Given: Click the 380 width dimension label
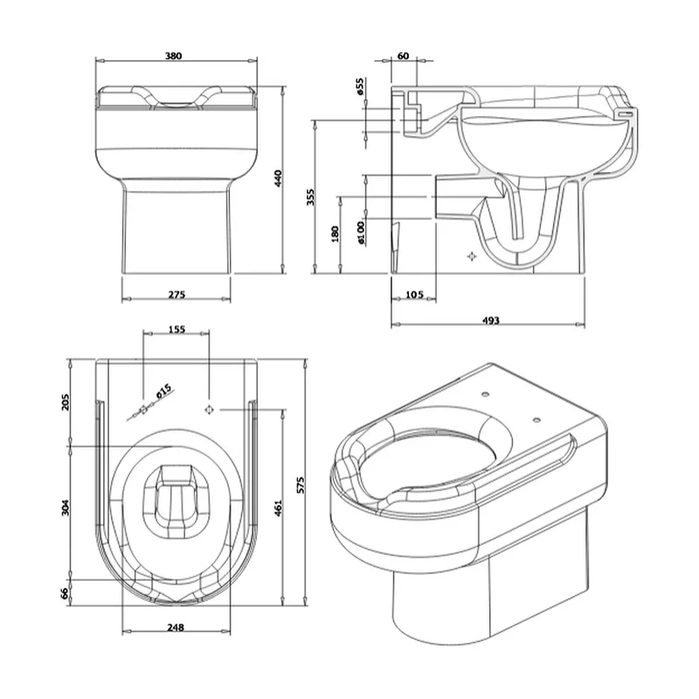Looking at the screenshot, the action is click(x=173, y=56).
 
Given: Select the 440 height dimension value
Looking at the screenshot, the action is click(x=278, y=178).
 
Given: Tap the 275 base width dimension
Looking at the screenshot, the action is click(x=176, y=294).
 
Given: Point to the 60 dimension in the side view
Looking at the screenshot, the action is click(x=403, y=56).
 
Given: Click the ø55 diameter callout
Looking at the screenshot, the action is click(x=360, y=87).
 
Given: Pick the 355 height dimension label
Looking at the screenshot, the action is click(x=310, y=197).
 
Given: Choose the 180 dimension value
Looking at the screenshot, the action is click(x=336, y=234).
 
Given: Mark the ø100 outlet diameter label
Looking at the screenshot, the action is click(x=361, y=232).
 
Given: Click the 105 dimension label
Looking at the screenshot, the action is click(x=414, y=294).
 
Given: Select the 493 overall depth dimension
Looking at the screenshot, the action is click(x=491, y=320).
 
